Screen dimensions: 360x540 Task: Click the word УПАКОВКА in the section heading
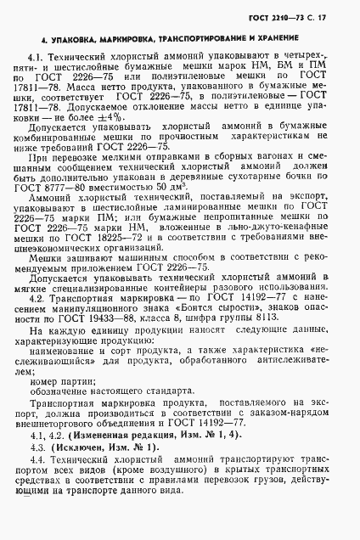76,40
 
